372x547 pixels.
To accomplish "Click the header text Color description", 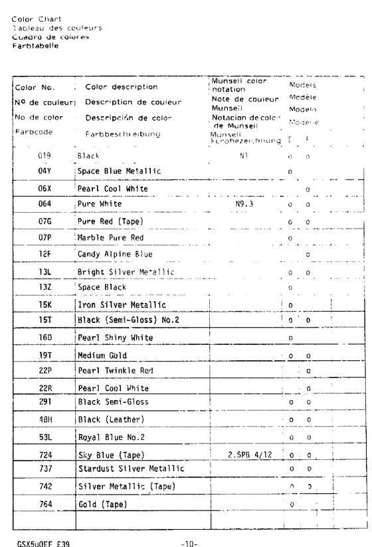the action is tap(122, 86).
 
